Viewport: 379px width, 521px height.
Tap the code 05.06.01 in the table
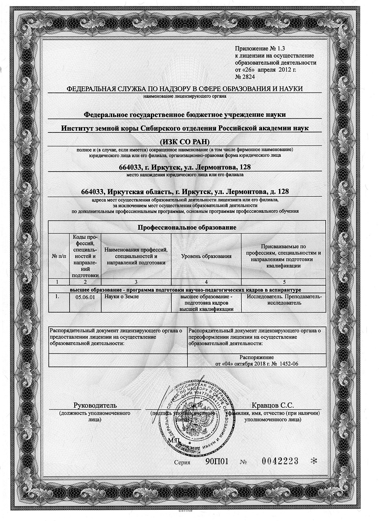pos(85,297)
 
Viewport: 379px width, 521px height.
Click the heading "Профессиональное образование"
pos(187,227)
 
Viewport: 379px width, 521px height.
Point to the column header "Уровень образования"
pos(206,256)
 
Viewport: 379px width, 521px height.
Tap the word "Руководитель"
pos(94,406)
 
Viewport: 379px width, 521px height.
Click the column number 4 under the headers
pos(206,282)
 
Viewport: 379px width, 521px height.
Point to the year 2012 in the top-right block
pos(282,69)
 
